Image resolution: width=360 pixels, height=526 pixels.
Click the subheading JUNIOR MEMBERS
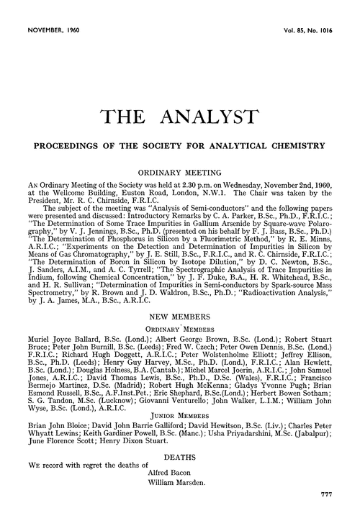[x=179, y=394]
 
